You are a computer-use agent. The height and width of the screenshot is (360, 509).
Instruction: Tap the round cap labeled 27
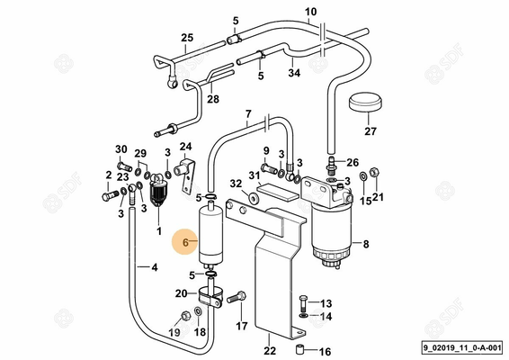point(364,104)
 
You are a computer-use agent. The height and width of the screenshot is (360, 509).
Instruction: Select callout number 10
point(311,12)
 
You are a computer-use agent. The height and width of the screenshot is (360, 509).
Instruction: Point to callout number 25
point(187,37)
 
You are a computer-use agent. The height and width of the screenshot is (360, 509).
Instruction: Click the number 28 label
point(212,100)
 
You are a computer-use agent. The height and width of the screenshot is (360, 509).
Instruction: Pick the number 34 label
point(294,73)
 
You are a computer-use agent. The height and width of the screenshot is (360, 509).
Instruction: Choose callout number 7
point(247,114)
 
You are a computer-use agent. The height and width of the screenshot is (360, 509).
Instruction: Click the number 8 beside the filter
point(366,243)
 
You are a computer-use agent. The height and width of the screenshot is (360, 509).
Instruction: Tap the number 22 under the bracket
point(269,351)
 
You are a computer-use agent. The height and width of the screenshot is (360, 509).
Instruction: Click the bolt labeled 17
point(238,296)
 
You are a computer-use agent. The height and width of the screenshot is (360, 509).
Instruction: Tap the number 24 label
point(186,147)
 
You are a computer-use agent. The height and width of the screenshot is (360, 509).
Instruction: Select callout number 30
point(121,148)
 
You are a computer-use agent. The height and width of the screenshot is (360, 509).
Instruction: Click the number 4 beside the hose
point(155,266)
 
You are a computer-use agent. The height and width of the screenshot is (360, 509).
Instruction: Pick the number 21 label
point(379,197)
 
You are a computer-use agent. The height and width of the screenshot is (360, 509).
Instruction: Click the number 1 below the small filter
point(159,231)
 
